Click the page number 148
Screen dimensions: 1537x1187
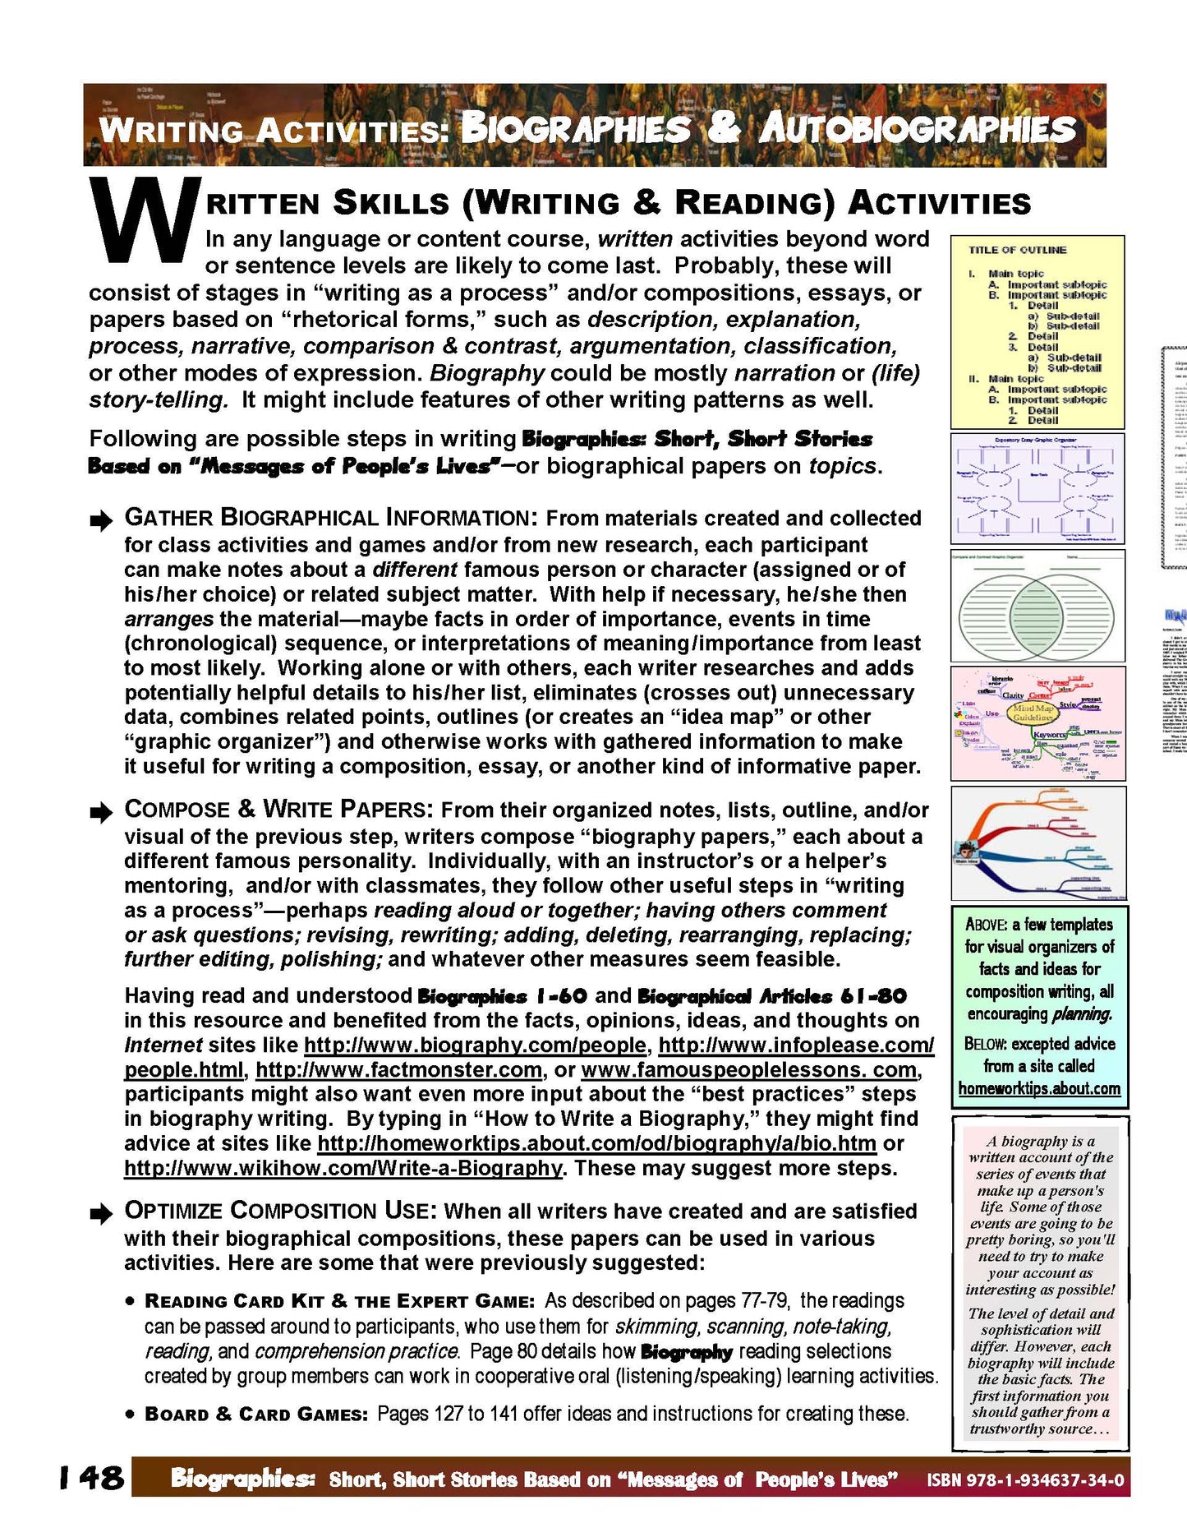point(91,1477)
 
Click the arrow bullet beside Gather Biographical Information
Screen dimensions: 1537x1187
point(101,519)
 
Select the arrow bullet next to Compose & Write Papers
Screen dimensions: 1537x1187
point(101,812)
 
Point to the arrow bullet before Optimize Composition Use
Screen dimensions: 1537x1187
point(101,1214)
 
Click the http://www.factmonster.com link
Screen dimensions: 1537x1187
point(399,1070)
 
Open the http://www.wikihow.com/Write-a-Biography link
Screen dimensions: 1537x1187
point(343,1168)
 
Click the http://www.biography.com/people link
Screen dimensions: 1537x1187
point(475,1045)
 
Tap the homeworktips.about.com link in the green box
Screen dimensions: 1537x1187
point(1039,1088)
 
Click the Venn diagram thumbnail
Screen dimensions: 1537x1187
point(1037,607)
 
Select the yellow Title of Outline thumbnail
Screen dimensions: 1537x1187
point(1037,332)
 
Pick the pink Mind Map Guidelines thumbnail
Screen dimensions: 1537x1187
point(1037,723)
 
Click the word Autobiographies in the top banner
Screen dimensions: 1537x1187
point(917,130)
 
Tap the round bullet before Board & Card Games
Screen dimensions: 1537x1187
point(131,1415)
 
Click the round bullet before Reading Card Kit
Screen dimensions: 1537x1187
point(131,1302)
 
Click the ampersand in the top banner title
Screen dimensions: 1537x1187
point(723,128)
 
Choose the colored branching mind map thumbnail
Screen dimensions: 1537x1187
point(1037,843)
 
